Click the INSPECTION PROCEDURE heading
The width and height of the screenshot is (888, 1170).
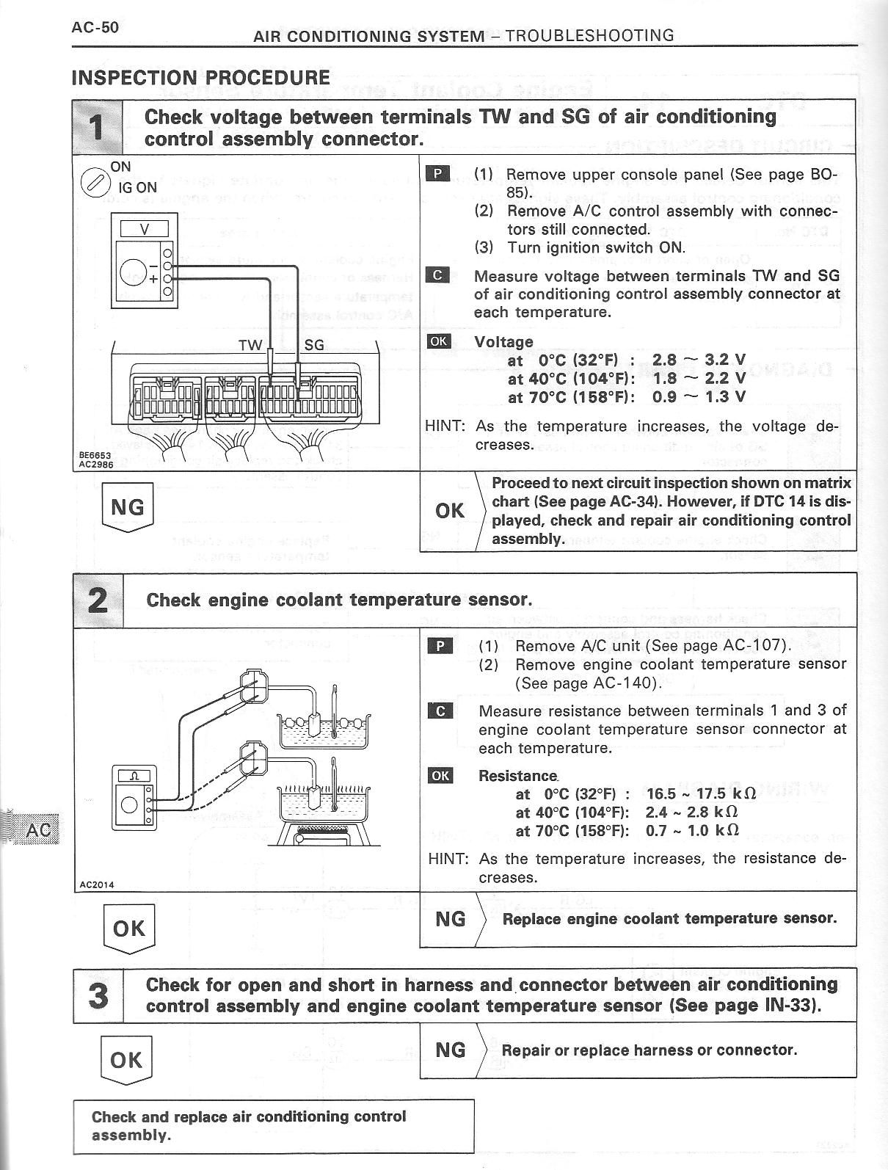tap(200, 77)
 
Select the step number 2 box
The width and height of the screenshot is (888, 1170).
tap(98, 600)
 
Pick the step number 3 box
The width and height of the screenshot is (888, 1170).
tap(98, 995)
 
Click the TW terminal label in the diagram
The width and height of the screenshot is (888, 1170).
tap(250, 345)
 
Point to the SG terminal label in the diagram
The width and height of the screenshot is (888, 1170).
tap(313, 345)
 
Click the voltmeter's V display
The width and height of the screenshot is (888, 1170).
tap(144, 229)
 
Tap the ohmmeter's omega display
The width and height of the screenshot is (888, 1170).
tap(134, 776)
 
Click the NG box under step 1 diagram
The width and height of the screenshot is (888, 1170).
tap(127, 506)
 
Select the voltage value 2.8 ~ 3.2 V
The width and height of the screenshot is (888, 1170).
tap(698, 360)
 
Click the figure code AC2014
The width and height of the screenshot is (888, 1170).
tap(97, 884)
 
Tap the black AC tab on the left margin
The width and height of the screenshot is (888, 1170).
tap(37, 829)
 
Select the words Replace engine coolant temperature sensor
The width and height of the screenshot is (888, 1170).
tap(669, 918)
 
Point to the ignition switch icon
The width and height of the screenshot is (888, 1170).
tap(93, 181)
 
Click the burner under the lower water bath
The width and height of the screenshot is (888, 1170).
tap(323, 833)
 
